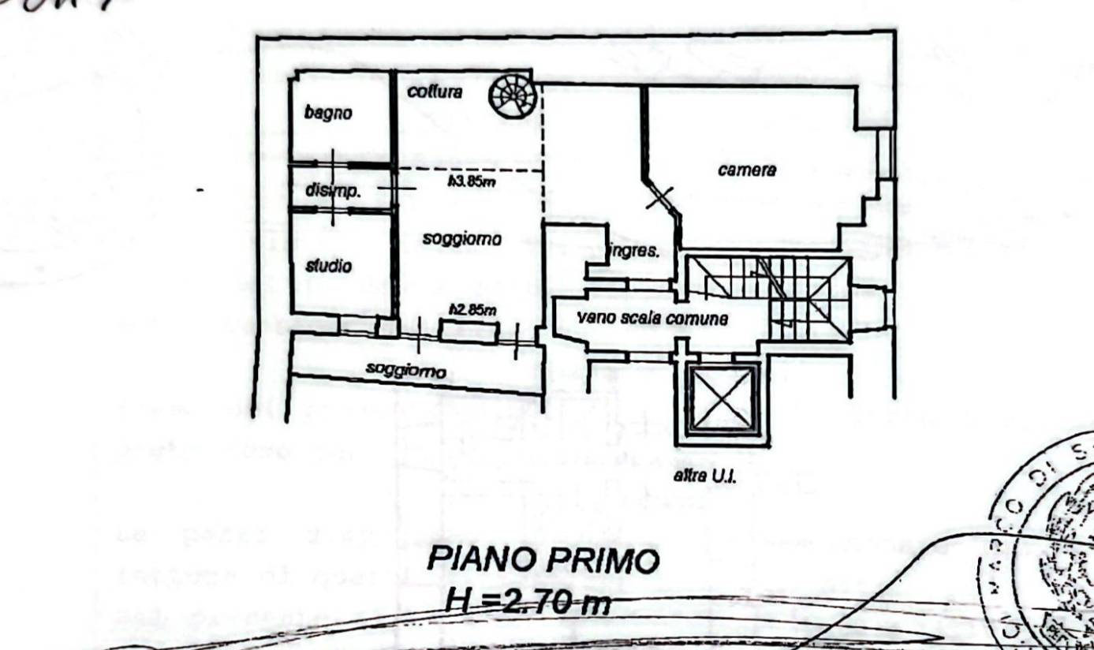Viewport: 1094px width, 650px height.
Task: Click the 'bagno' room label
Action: pyautogui.click(x=328, y=113)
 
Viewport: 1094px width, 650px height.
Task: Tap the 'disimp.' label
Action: pyautogui.click(x=333, y=190)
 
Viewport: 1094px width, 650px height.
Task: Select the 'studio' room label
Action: pyautogui.click(x=328, y=267)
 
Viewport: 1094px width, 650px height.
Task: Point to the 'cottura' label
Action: pyautogui.click(x=435, y=92)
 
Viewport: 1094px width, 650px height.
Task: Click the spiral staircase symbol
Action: pyautogui.click(x=513, y=95)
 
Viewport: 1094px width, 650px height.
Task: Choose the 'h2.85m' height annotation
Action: pyautogui.click(x=472, y=310)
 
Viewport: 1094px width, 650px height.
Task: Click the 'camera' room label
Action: pyautogui.click(x=747, y=170)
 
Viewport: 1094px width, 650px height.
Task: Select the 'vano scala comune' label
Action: pyautogui.click(x=652, y=319)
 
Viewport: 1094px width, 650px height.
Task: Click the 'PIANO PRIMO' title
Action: pyautogui.click(x=543, y=560)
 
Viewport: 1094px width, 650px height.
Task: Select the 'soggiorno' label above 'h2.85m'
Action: pyautogui.click(x=461, y=238)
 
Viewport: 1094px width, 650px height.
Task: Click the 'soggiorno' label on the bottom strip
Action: pyautogui.click(x=405, y=370)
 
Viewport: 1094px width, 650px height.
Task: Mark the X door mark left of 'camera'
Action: pyautogui.click(x=660, y=196)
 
